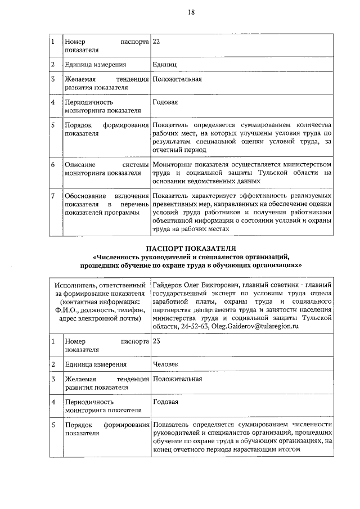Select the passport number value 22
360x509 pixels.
156,42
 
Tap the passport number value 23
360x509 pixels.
156,341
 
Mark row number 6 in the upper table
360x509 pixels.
52,164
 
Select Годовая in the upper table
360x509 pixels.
165,102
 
